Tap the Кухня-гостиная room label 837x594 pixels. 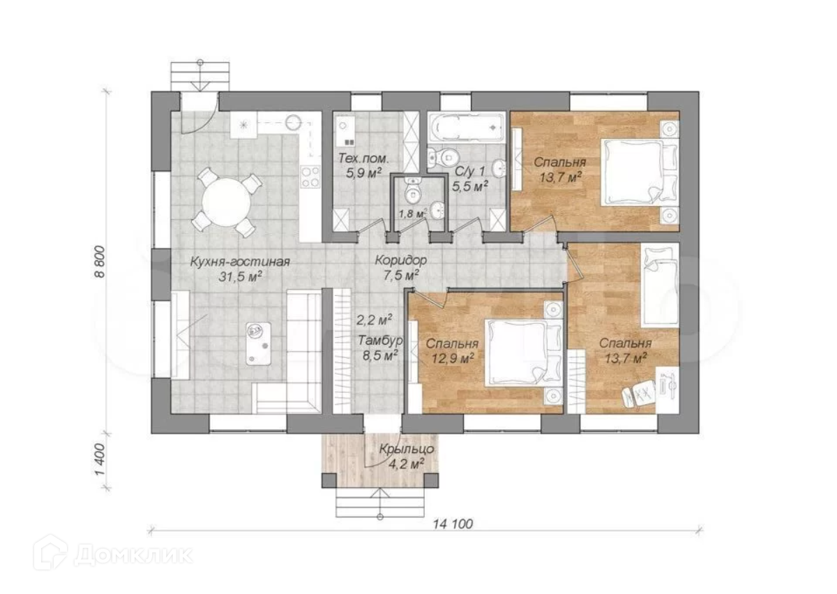click(240, 261)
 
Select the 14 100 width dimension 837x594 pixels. click(453, 524)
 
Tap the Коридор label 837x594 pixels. click(401, 260)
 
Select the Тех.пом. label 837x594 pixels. click(363, 158)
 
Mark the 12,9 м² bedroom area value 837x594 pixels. click(453, 359)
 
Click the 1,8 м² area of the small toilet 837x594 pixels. click(412, 214)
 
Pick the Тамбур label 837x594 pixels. click(380, 340)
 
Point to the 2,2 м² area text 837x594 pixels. click(374, 320)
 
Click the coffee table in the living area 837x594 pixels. click(258, 343)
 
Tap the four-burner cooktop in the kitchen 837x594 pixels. click(310, 177)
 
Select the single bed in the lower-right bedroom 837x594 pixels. click(660, 285)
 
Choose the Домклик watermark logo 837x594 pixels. click(113, 555)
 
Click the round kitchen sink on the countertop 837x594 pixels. click(294, 121)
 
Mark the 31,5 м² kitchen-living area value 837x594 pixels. click(240, 277)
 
